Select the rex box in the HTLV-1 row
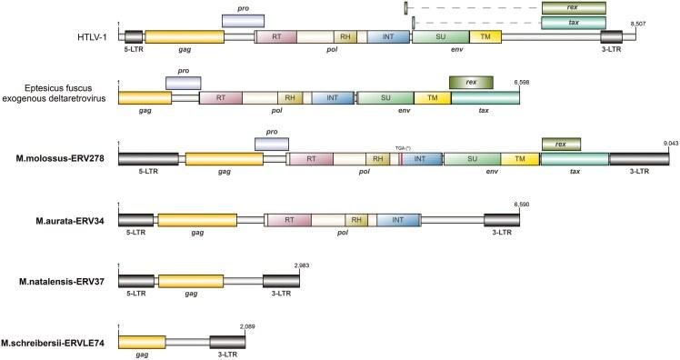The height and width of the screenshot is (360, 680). point(573,7)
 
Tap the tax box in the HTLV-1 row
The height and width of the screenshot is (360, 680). point(573,22)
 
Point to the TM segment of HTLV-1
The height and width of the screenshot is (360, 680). point(485,35)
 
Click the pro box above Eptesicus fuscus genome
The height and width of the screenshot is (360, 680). point(183,83)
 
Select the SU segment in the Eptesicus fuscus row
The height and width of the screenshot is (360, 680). point(385,97)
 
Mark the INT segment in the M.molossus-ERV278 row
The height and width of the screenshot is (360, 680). point(420,159)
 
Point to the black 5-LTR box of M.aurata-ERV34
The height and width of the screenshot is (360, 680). point(136,220)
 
